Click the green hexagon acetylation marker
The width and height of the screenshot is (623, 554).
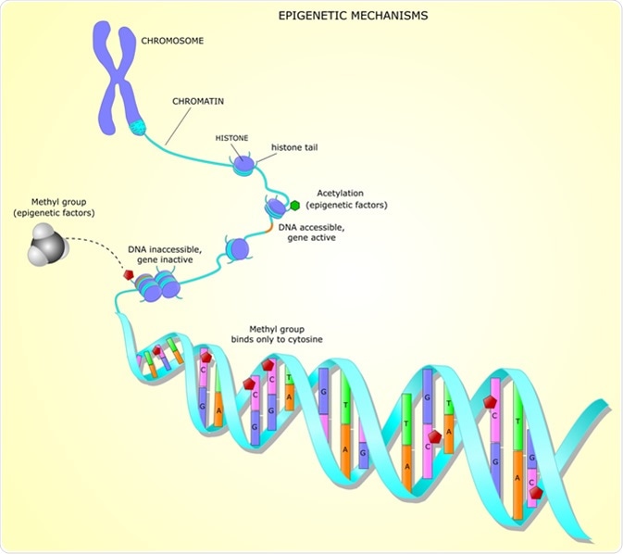(x=294, y=205)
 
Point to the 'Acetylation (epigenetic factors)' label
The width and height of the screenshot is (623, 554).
(x=352, y=198)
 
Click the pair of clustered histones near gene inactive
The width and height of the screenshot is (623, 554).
(x=159, y=288)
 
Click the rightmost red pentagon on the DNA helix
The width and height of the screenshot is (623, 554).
(x=536, y=492)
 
